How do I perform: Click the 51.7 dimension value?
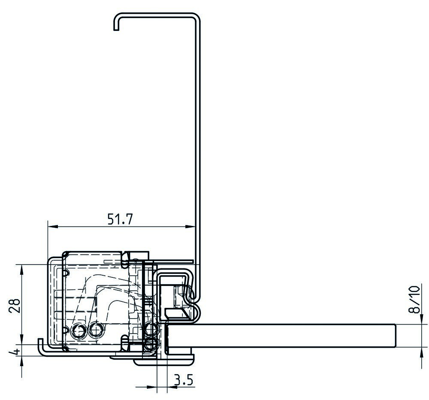pos(120,219)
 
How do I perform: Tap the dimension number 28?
pos(15,306)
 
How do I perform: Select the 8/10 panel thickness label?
pos(414,299)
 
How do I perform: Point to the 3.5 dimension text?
pos(184,380)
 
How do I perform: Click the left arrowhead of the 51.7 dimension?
pos(53,226)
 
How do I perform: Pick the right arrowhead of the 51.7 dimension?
pos(190,226)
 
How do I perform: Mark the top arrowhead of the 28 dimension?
pos(21,270)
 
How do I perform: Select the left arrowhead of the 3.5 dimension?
pos(152,387)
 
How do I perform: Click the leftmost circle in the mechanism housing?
pos(78,331)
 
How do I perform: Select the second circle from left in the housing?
pos(96,330)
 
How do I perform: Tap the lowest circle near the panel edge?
pos(150,344)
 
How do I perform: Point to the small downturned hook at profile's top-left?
pos(116,23)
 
